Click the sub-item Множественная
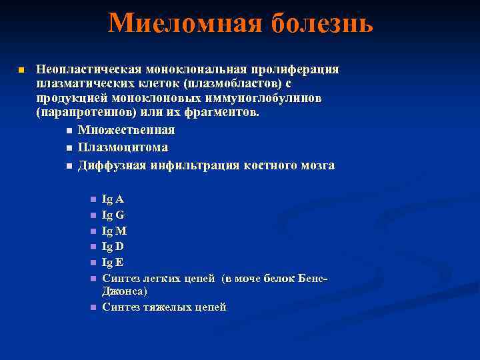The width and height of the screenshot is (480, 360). pos(126,129)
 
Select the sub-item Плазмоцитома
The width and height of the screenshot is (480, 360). pos(123,147)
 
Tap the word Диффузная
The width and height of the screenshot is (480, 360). pos(109,165)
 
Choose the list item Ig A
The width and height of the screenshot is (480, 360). pos(113,199)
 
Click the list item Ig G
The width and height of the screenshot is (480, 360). pos(113,215)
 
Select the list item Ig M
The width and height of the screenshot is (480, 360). pos(114,231)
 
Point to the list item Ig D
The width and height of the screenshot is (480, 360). pos(113,246)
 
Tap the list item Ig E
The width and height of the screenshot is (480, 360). pos(113,262)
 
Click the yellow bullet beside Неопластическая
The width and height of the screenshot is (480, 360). pos(21,70)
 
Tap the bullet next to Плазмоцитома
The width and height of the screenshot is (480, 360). pos(69,147)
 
